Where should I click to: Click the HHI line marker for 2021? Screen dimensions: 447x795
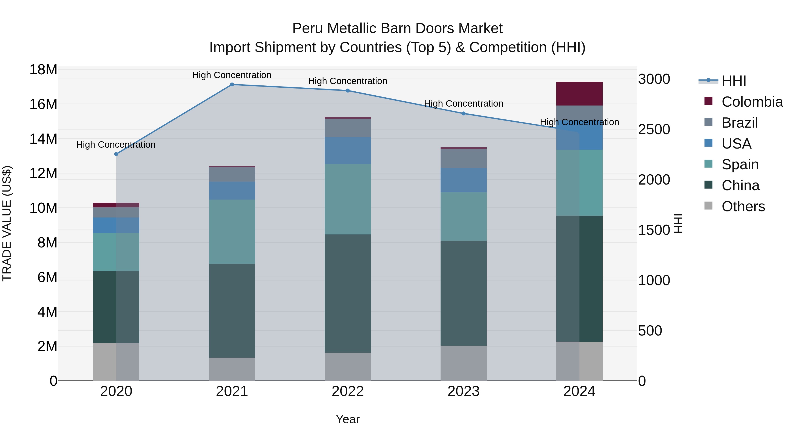[232, 85]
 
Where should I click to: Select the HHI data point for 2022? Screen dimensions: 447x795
[348, 91]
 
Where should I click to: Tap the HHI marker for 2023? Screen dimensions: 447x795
[464, 113]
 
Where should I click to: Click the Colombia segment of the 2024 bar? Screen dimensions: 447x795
[579, 94]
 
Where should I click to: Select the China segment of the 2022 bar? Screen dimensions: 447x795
[348, 293]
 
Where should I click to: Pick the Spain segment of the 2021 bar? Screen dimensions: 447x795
[232, 232]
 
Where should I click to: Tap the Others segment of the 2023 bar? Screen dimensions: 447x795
[464, 363]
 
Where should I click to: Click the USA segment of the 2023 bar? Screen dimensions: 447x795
[464, 180]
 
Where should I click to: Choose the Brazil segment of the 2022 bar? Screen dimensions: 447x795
[348, 128]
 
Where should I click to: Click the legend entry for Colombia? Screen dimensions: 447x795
[752, 102]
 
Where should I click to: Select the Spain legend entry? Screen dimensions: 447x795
[740, 164]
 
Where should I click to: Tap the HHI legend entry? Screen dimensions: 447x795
[734, 81]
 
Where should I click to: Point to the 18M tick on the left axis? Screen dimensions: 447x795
[43, 70]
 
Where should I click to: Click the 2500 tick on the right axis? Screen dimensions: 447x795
[654, 130]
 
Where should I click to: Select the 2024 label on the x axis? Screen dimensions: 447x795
[579, 391]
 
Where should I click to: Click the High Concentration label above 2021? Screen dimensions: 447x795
[232, 75]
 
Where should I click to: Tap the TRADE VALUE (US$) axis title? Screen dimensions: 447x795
[7, 223]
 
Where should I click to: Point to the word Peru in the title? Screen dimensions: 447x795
[307, 29]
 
